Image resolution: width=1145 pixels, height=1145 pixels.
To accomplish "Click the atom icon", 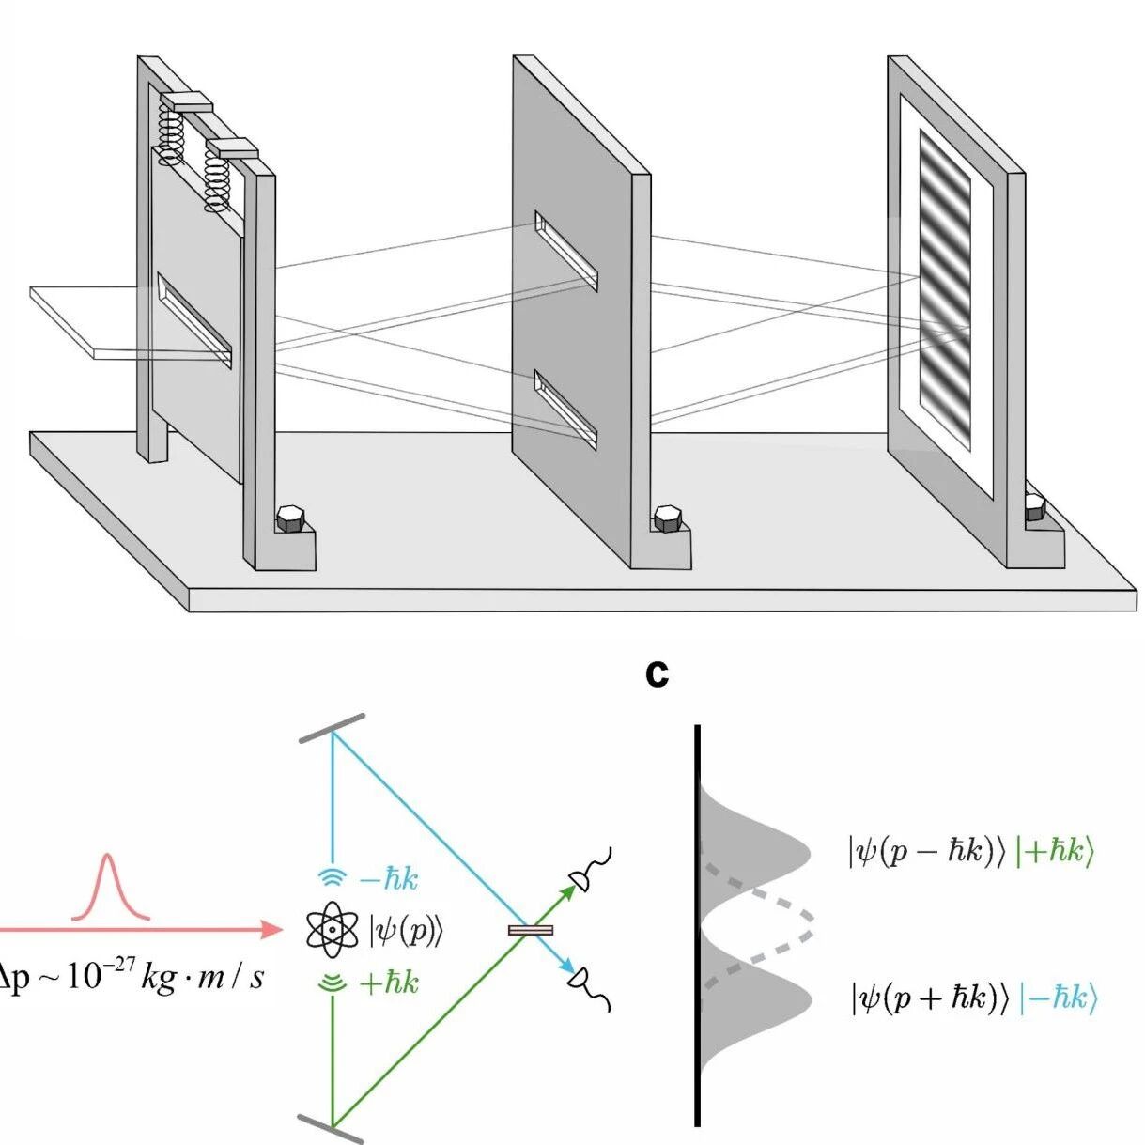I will pos(333,930).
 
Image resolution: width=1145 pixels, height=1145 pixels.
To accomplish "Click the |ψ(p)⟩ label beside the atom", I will pos(405,931).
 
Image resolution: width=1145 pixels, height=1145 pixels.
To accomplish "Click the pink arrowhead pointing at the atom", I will pos(271,930).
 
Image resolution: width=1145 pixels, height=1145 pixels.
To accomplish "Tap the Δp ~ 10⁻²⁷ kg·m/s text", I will pos(132,977).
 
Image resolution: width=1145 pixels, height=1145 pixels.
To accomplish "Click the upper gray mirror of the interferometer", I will pos(332,729).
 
